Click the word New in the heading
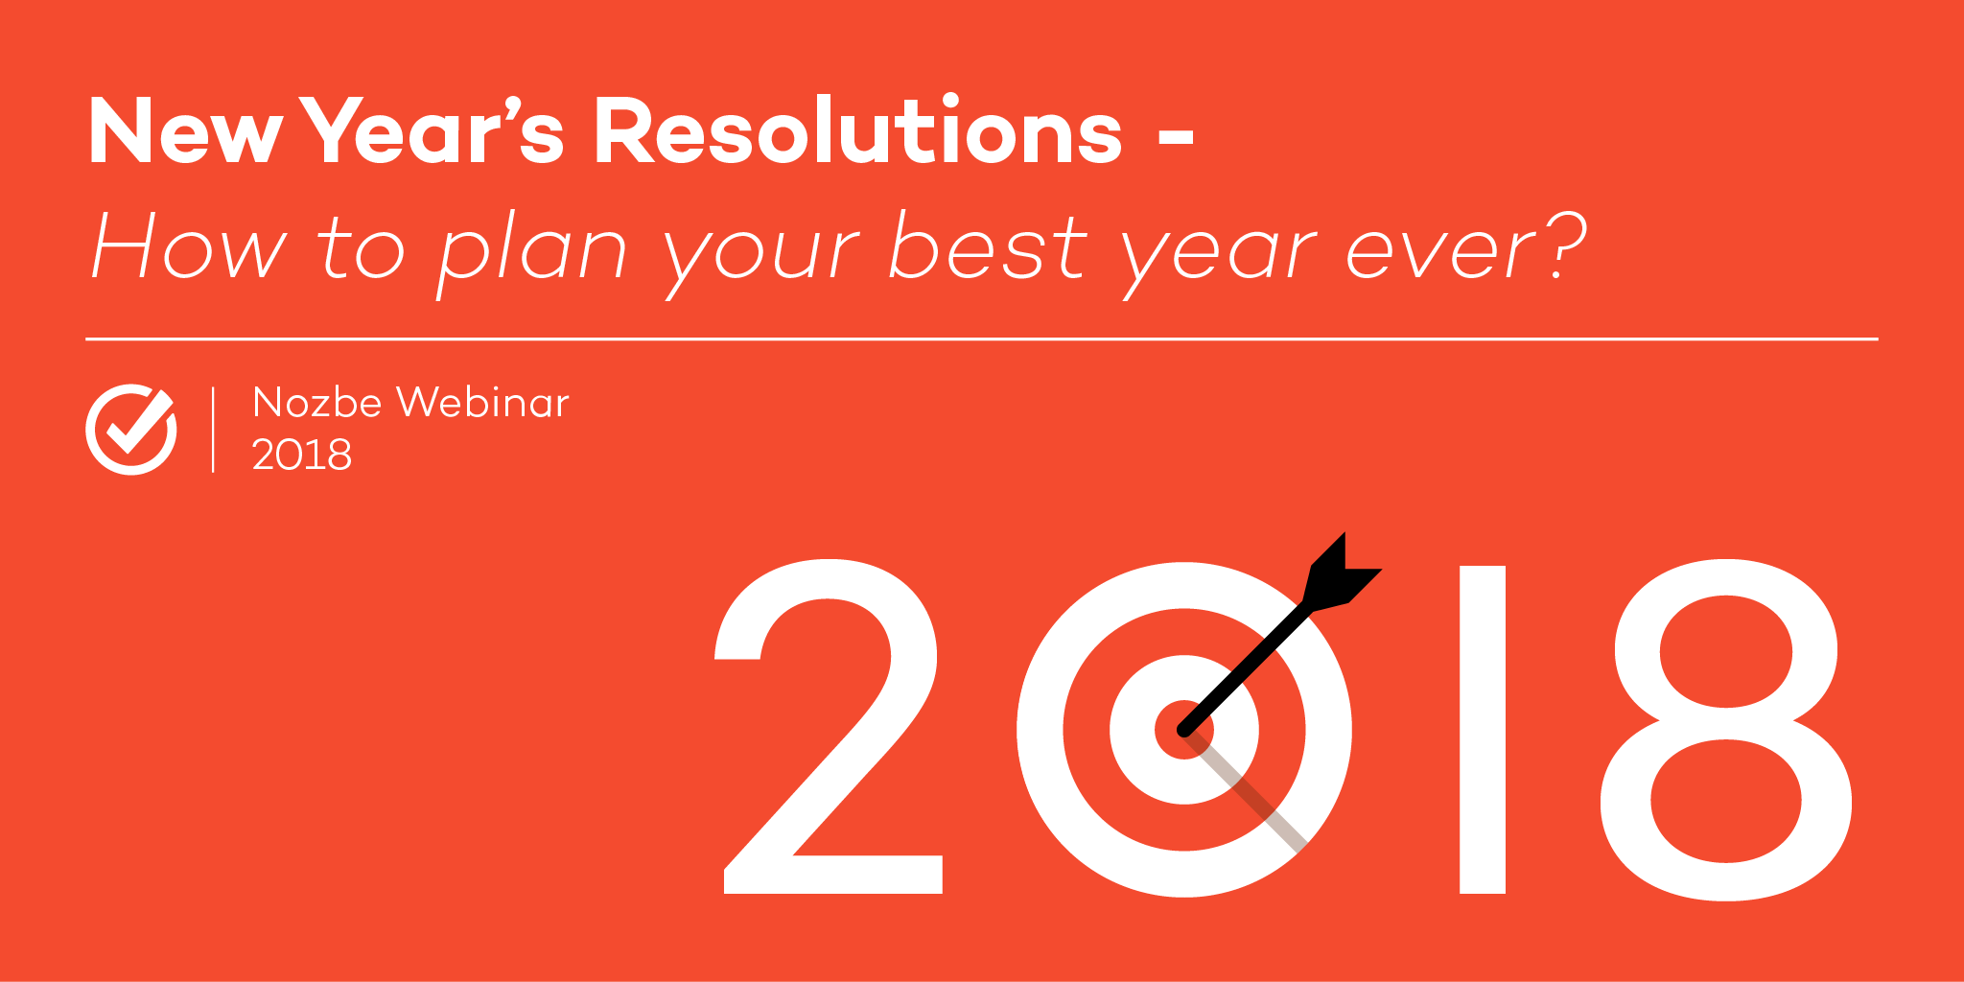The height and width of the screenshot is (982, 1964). coord(185,131)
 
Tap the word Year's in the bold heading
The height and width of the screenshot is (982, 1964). coord(433,130)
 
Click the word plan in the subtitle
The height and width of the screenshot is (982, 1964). coord(532,252)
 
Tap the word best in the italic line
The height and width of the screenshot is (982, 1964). coord(988,245)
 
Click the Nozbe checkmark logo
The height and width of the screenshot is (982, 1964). coord(131,429)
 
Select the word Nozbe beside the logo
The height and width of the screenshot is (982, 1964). coord(317,402)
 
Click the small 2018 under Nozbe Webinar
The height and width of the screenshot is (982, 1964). coord(301,455)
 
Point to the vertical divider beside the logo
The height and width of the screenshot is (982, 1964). coord(213,430)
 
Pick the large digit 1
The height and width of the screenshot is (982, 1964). coord(1482,730)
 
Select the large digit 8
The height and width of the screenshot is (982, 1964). coord(1725,730)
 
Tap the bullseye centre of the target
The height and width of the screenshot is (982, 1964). coord(1184,730)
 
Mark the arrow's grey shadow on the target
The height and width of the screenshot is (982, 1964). coord(1246,791)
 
